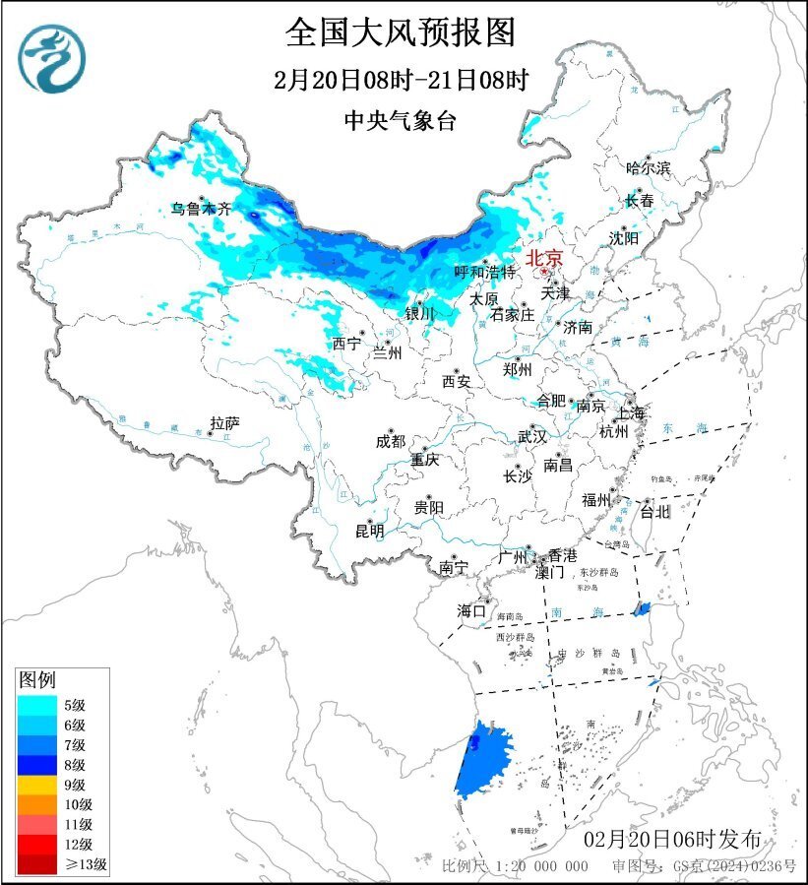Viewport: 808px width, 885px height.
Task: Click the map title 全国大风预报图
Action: click(x=401, y=32)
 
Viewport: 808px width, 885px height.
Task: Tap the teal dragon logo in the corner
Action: click(x=52, y=58)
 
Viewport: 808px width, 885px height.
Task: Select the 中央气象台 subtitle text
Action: click(x=401, y=120)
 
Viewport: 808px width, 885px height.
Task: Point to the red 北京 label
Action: click(x=544, y=258)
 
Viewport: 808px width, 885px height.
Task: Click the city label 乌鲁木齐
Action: click(x=200, y=209)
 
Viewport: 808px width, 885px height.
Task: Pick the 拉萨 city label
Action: click(x=224, y=424)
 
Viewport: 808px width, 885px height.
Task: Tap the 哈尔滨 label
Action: click(x=648, y=168)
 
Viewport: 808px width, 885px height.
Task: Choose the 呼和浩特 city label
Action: click(x=485, y=272)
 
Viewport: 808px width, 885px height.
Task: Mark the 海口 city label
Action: click(x=471, y=611)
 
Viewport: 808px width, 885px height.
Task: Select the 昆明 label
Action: click(x=370, y=531)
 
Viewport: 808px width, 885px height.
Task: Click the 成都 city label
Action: click(x=389, y=442)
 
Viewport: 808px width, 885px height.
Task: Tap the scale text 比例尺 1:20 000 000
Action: click(x=515, y=866)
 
